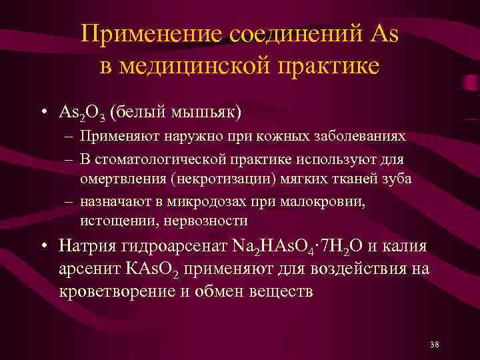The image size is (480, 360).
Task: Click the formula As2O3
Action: pyautogui.click(x=81, y=112)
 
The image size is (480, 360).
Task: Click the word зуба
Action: pyautogui.click(x=397, y=179)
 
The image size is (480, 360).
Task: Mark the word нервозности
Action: pyautogui.click(x=207, y=221)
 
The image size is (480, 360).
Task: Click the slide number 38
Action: pyautogui.click(x=435, y=344)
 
